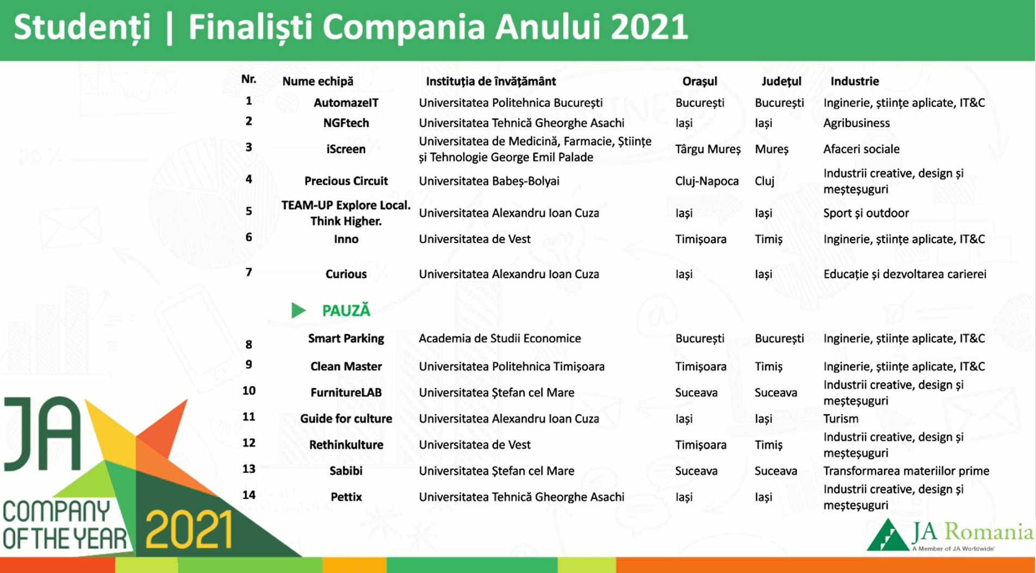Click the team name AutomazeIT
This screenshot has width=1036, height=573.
coord(346,103)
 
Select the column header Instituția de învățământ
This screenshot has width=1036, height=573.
coord(491,82)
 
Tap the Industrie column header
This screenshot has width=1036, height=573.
coord(854,81)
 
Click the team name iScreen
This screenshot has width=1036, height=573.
coord(346,149)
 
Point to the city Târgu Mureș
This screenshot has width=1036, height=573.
coord(708,150)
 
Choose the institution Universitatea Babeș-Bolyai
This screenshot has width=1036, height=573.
coord(489,181)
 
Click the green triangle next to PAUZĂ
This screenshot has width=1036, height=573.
coord(299,310)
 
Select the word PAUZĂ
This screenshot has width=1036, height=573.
coord(346,310)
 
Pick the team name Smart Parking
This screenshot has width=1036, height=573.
coord(346,339)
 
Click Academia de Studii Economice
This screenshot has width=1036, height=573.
coord(500,338)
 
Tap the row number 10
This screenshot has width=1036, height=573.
coord(249,390)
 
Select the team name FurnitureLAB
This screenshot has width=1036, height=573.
coord(346,393)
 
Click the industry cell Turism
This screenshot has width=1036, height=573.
coord(841,419)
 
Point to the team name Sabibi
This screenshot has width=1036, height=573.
coord(346,471)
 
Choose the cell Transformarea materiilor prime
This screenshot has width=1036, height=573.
coord(906,471)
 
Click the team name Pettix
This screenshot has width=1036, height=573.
coord(346,497)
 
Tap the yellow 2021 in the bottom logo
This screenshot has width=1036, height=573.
coord(189,530)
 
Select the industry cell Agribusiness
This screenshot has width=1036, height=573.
coord(857,123)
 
